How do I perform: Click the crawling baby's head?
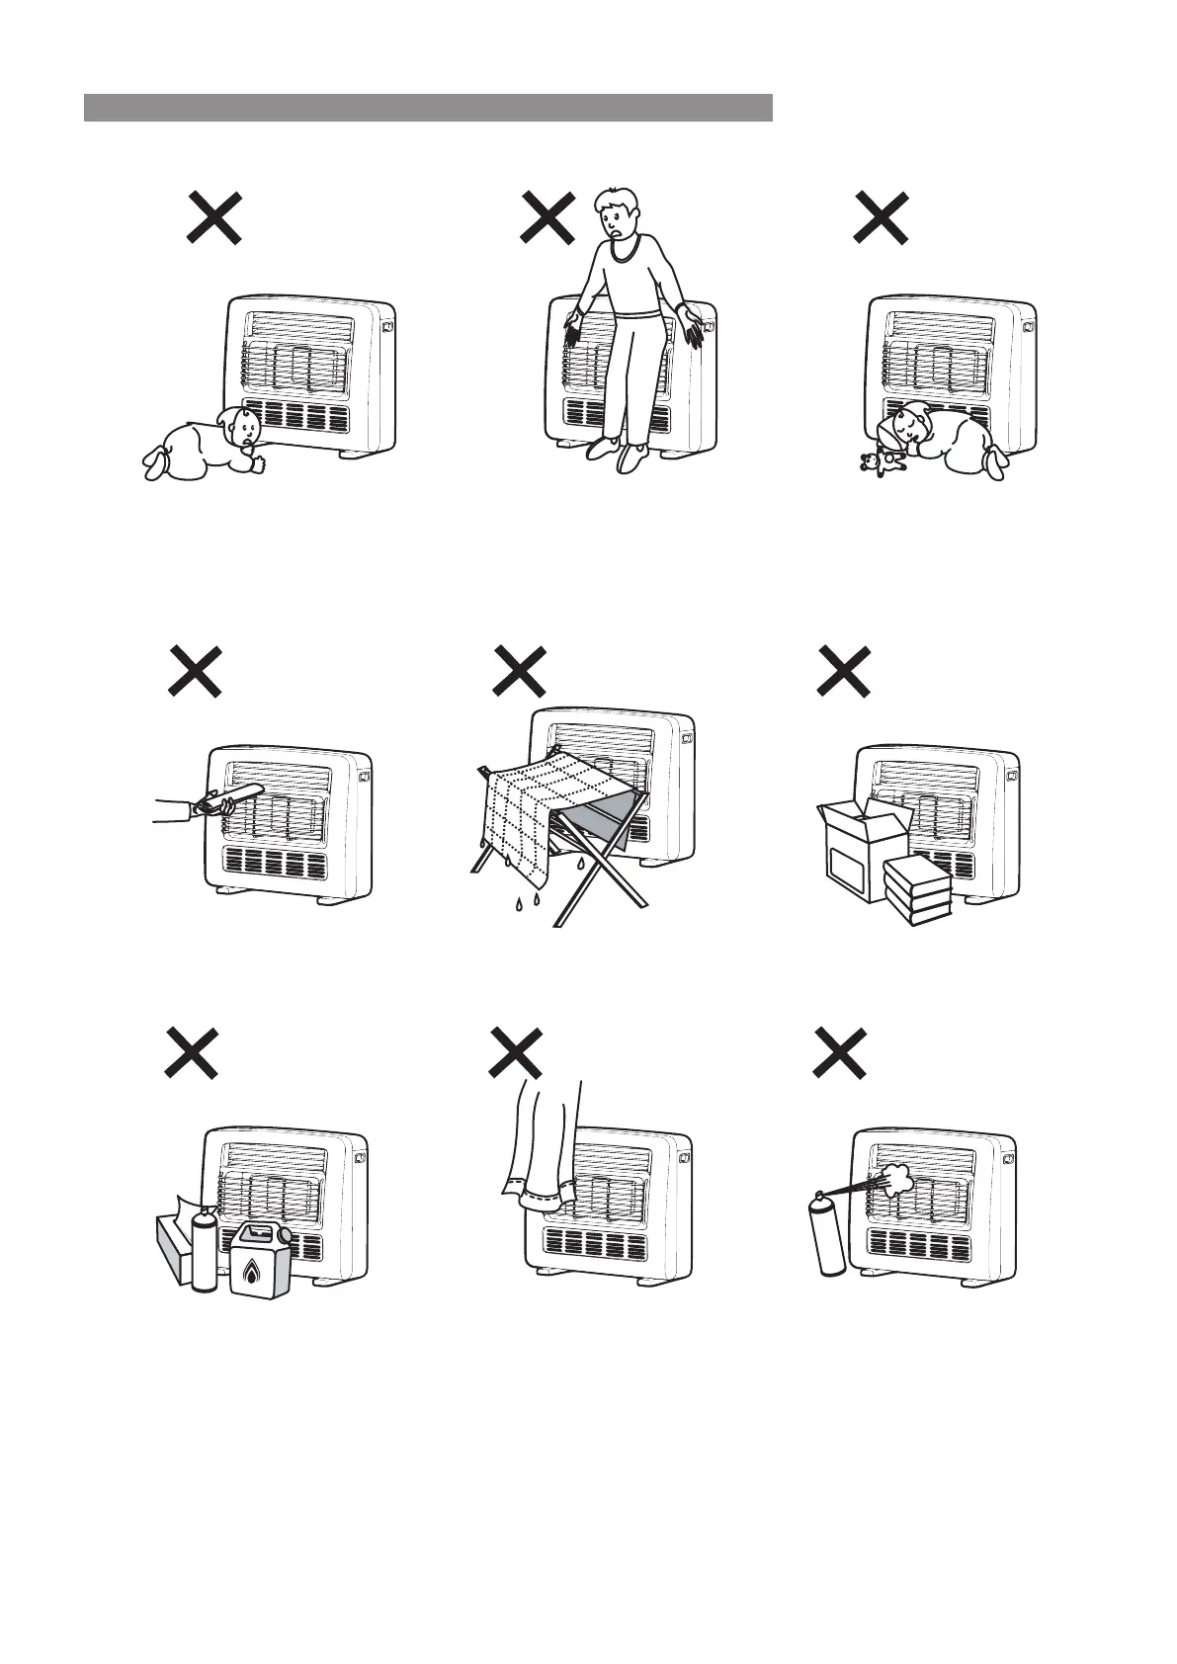pos(241,427)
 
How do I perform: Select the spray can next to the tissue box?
pos(204,1247)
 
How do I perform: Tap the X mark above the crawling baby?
pos(214,217)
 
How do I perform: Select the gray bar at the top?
pos(428,108)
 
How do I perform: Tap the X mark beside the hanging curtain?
pos(516,1053)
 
